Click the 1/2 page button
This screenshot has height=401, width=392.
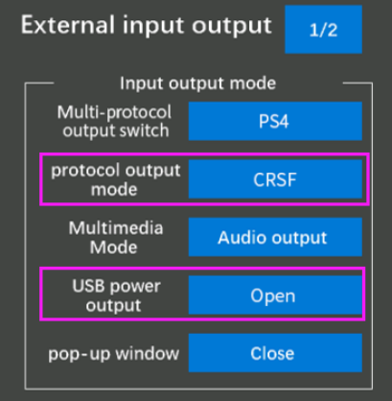[323, 30]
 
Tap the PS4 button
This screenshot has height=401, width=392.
[275, 121]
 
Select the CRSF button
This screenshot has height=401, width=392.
[275, 179]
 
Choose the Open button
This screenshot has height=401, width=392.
[275, 295]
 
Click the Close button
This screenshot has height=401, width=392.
[275, 353]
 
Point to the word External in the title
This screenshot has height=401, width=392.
[68, 25]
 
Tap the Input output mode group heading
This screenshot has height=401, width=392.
[197, 83]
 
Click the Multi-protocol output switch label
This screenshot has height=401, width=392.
[115, 122]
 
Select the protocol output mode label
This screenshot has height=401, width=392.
[116, 180]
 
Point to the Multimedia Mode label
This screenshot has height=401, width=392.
[115, 237]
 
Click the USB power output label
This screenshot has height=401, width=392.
[116, 295]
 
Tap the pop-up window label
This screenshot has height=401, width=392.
[114, 354]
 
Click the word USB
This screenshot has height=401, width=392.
[88, 286]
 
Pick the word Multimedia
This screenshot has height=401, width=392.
[116, 228]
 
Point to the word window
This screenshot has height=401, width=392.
[148, 353]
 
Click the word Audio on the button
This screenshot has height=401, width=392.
[237, 238]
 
